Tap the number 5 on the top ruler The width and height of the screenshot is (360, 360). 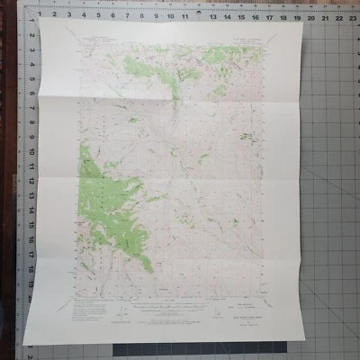pyautogui.click(x=100, y=15)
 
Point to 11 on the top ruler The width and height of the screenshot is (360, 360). pyautogui.click(x=184, y=15)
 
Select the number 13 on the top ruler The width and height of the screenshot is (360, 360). pyautogui.click(x=212, y=15)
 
